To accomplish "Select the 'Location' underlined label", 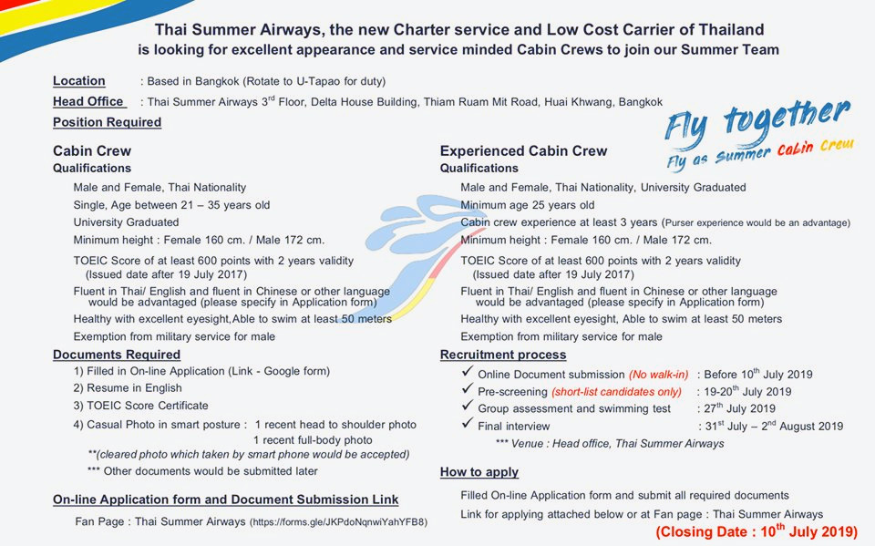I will [78, 81].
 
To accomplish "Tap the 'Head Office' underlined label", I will [88, 102].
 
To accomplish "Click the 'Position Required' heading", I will [107, 122].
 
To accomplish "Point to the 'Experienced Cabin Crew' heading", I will [523, 151].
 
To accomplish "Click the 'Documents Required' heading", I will [117, 355].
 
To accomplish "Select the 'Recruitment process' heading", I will [503, 355].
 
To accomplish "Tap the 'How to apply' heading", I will [479, 472].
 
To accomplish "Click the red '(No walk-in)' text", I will [658, 375].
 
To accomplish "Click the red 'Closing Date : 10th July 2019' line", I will [757, 531].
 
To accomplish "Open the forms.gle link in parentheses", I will [338, 522].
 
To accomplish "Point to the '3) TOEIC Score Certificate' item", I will [141, 406].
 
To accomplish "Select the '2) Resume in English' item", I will [128, 388].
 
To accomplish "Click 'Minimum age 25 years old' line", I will [528, 205].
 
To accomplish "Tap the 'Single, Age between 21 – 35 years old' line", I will [171, 205].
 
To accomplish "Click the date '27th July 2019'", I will [739, 408].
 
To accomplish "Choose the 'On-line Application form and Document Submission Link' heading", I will [225, 500].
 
